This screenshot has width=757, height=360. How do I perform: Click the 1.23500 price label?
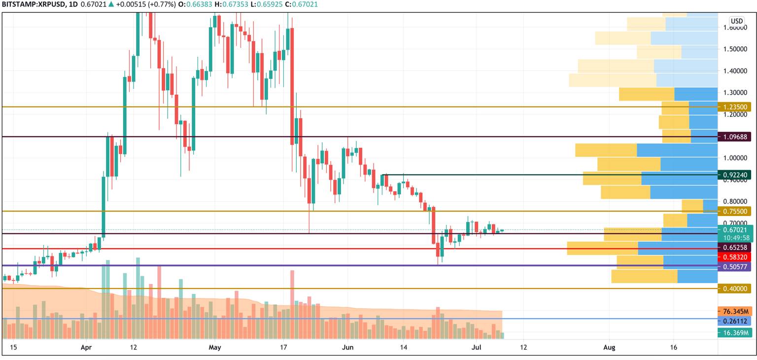click(x=735, y=107)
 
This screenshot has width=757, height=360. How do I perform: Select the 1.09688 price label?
click(x=735, y=137)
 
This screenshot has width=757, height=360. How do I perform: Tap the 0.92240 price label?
click(x=735, y=175)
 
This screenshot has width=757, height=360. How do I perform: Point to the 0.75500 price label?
click(x=735, y=212)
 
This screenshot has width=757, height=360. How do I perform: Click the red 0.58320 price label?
click(x=735, y=257)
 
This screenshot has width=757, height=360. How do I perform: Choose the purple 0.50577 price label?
click(x=735, y=267)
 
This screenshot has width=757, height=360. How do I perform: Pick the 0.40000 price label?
click(x=735, y=288)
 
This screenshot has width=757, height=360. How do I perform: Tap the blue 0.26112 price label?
click(x=735, y=321)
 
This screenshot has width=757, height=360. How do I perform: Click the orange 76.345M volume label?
click(x=735, y=311)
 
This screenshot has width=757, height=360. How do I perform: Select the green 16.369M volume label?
click(x=735, y=333)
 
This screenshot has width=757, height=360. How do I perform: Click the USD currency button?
click(x=737, y=21)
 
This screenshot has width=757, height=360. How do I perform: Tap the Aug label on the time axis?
click(x=610, y=348)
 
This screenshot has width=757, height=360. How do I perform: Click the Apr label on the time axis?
click(x=86, y=348)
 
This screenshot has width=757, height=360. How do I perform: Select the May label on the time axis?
click(x=215, y=348)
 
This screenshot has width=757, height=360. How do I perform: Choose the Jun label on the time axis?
click(x=348, y=348)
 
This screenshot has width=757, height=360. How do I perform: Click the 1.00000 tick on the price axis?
click(x=735, y=158)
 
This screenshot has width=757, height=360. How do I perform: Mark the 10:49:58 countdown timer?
click(x=735, y=238)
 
